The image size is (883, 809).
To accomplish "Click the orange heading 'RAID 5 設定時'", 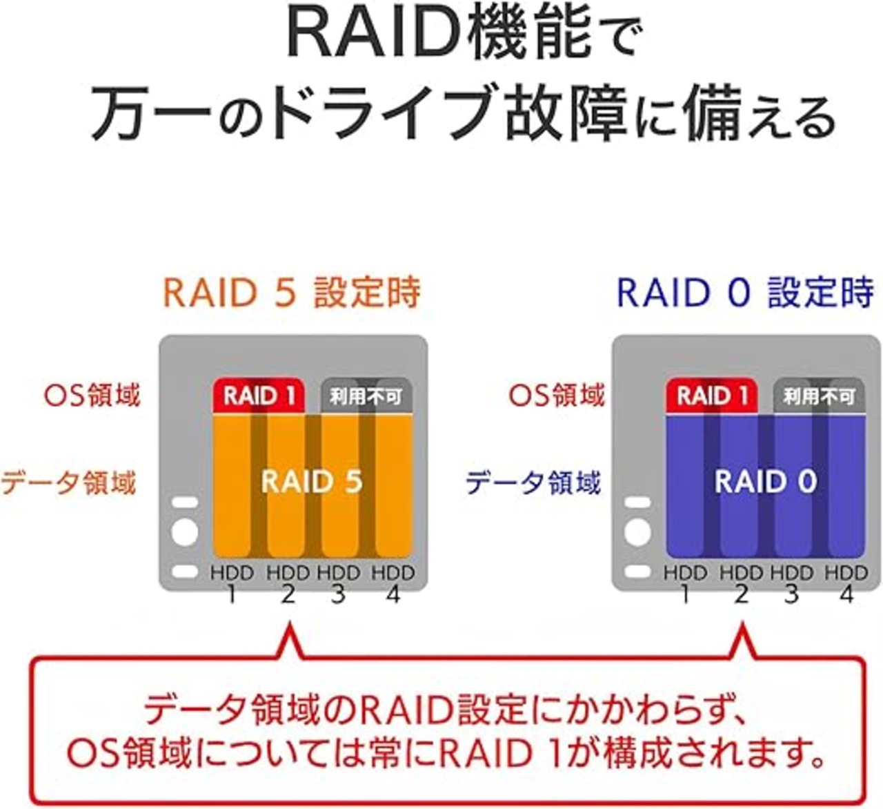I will point(291,293).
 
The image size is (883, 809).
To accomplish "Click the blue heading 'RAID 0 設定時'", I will point(744,293).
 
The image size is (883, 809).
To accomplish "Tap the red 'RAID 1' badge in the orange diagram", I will point(259,396).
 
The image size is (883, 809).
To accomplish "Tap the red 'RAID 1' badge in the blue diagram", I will point(712,396).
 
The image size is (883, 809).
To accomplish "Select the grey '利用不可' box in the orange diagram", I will point(366,396).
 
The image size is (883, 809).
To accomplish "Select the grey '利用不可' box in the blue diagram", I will point(819,396).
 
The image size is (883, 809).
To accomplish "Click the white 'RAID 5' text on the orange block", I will point(312,481).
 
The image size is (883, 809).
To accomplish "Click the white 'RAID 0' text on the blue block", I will point(766,481).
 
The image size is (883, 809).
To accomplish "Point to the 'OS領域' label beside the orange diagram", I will point(92,396).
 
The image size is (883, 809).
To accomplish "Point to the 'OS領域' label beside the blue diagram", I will point(557,396).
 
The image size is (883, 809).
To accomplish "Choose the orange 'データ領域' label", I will point(68,483).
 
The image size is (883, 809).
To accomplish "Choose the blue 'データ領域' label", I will point(533,483).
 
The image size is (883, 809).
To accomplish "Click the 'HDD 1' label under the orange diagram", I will point(232,583).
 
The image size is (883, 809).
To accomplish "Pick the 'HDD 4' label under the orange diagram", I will point(393,583).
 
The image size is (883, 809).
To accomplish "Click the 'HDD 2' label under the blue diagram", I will point(741,583).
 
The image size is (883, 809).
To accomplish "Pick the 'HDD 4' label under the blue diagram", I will point(846,583).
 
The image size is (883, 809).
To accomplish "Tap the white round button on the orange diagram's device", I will point(184,532).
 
